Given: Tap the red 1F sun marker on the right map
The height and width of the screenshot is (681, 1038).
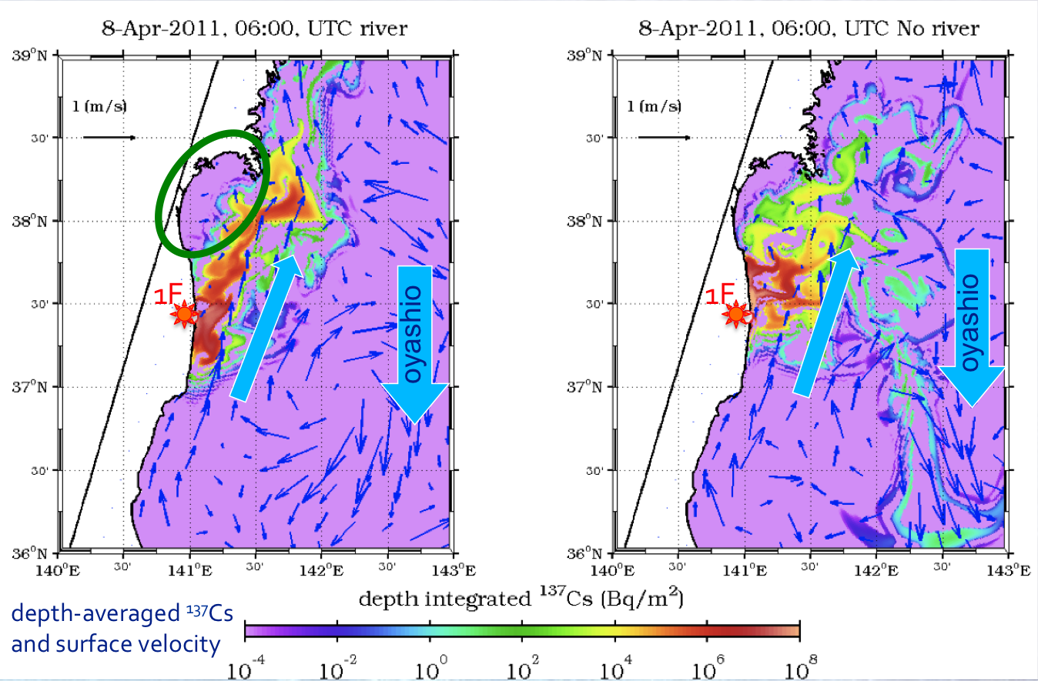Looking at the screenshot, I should pyautogui.click(x=737, y=314).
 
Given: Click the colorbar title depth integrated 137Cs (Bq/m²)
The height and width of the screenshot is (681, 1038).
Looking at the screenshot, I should pyautogui.click(x=523, y=599).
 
